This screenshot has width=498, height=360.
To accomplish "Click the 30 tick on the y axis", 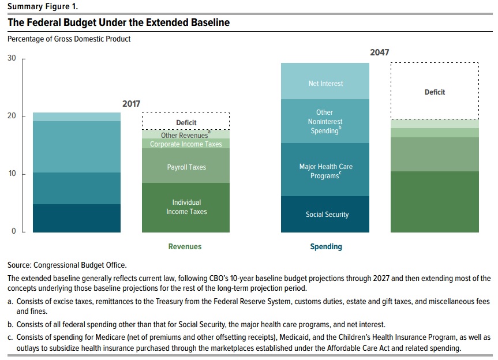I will coord(11,59).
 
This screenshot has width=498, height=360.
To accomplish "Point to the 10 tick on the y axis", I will coord(11,174).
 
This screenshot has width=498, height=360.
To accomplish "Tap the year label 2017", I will coord(131,104).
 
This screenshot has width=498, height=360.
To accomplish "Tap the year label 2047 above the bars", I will coord(380,52).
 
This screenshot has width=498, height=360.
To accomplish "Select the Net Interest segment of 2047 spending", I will coord(325,84).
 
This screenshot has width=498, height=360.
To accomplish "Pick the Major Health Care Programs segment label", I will coord(325,171).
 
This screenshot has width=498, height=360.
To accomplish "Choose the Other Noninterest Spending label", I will coord(325,122).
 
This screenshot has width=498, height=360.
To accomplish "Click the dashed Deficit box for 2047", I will coord(435,92).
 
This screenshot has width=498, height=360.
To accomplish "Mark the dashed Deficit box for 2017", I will coord(186,122).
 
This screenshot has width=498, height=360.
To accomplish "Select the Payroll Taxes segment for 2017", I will coord(186,167).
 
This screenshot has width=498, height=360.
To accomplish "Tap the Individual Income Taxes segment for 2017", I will coord(186,207).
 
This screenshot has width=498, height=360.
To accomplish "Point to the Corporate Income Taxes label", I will coord(186,144).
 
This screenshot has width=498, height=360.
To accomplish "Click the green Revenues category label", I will coord(185,246).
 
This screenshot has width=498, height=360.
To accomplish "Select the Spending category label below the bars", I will coord(326,246).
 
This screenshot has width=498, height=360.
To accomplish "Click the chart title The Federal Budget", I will coord(118,23).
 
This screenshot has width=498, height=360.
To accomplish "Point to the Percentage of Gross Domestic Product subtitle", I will coord(69,39).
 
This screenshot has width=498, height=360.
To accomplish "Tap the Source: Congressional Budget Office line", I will coord(67,265).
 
